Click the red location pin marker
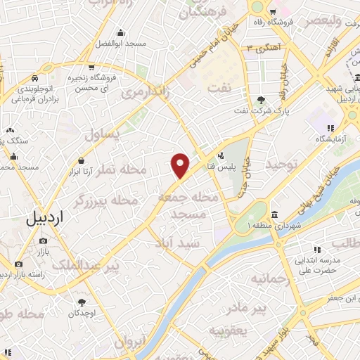181,165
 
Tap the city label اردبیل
44,218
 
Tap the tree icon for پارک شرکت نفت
262,99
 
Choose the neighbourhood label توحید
282,165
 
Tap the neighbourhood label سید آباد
178,243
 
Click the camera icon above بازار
44,241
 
